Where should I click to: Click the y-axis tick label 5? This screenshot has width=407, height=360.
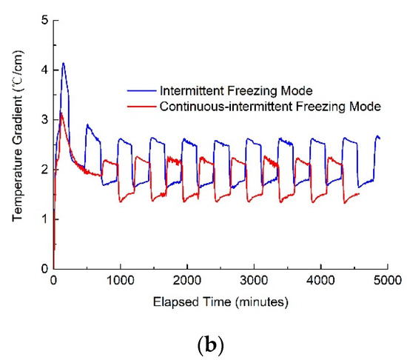tap(44, 20)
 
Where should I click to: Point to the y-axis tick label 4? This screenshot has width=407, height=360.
tap(44, 70)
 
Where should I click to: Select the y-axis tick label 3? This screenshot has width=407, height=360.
tap(44, 119)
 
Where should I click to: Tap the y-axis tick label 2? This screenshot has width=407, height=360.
tap(44, 169)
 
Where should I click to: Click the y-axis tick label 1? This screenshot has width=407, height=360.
tap(44, 219)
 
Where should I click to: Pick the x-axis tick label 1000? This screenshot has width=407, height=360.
tap(120, 283)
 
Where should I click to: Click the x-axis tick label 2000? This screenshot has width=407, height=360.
tap(186, 283)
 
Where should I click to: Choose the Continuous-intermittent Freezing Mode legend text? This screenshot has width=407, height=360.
tap(269, 107)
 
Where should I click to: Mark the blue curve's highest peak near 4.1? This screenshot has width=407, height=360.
tap(64, 63)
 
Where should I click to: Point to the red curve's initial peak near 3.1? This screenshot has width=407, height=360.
tap(61, 113)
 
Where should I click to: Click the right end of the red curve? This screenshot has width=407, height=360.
tap(359, 194)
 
